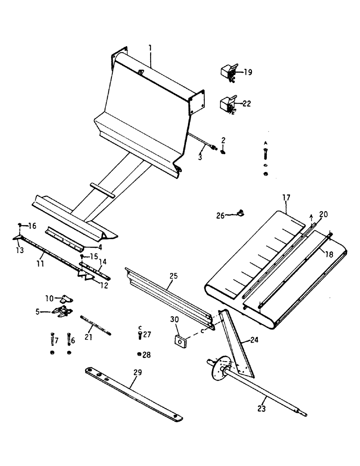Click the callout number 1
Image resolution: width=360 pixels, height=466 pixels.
tap(150, 48)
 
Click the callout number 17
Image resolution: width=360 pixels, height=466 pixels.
tap(285, 198)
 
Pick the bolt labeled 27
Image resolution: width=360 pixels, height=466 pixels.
tap(139, 334)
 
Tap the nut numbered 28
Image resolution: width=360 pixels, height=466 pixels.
tap(140, 355)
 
